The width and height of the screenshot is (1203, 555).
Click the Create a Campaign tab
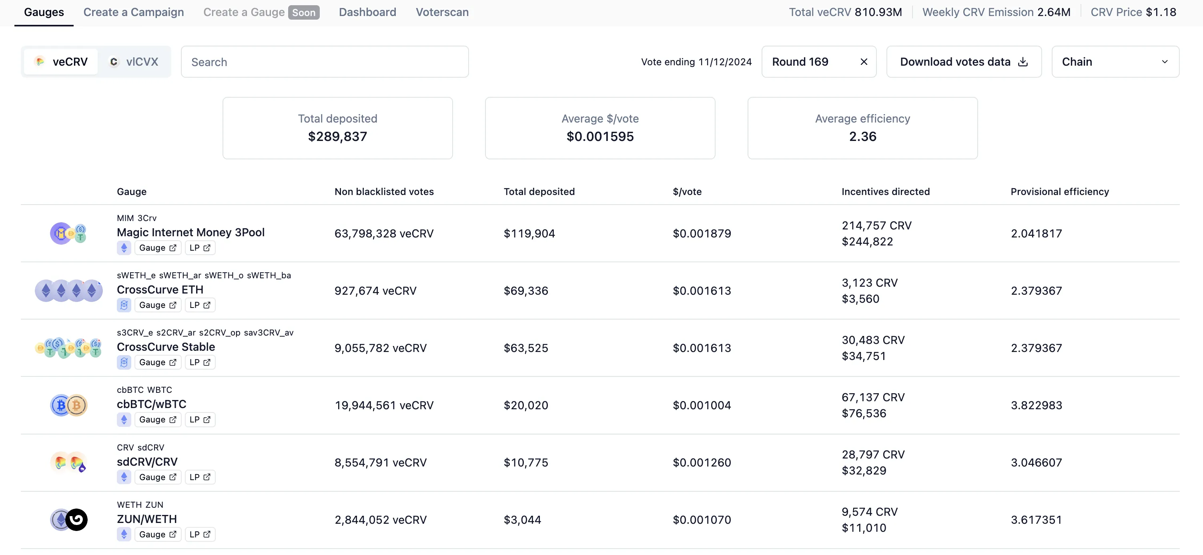pos(134,12)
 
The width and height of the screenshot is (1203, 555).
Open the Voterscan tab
pos(442,12)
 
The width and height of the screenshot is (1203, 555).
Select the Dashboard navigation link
pos(367,12)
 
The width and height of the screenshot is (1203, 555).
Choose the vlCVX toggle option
pos(134,62)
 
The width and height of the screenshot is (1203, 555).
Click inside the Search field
pos(325,62)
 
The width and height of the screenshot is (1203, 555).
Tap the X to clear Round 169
pos(864,62)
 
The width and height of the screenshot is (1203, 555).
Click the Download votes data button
pos(964,62)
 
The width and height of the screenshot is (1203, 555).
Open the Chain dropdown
pos(1115,62)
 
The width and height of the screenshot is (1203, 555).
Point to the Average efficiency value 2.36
pos(862,137)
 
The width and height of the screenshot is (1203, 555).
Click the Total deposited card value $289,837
pos(338,137)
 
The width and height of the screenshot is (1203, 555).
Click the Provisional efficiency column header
pos(1060,191)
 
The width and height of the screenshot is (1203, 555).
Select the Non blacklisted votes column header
pos(384,191)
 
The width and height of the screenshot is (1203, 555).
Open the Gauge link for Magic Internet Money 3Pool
pos(157,247)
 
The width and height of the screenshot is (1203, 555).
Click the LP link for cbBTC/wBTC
pos(200,420)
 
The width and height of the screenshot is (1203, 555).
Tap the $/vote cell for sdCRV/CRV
pos(702,462)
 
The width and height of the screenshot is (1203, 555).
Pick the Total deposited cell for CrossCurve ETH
pos(526,291)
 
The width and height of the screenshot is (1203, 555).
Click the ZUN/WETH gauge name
pos(146,519)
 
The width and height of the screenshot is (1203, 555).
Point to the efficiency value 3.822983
pos(1036,405)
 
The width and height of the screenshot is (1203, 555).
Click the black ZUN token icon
pos(76,519)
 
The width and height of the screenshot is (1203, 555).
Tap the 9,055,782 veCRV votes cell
pos(380,348)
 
